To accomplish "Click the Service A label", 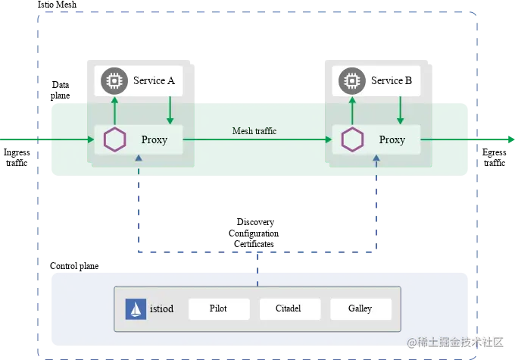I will pyautogui.click(x=154, y=80).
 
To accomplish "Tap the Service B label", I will pyautogui.click(x=392, y=80).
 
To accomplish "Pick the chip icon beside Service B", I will pyautogui.click(x=351, y=80).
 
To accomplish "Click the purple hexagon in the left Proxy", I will pyautogui.click(x=114, y=139).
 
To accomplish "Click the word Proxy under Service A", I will pyautogui.click(x=154, y=139).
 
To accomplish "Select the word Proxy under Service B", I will pyautogui.click(x=392, y=139).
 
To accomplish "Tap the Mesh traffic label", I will pyautogui.click(x=254, y=131).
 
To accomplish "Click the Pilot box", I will pyautogui.click(x=218, y=308).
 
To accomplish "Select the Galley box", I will pyautogui.click(x=360, y=308).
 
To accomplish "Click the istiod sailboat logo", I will pyautogui.click(x=135, y=308).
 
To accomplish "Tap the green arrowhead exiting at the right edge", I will pyautogui.click(x=509, y=139).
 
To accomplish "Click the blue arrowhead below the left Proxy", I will pyautogui.click(x=138, y=158).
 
